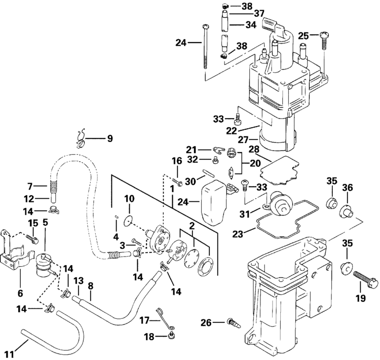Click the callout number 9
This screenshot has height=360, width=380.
[110, 138]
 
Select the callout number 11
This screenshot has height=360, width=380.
[10, 354]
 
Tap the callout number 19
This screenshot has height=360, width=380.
[360, 298]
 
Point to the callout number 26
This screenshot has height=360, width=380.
[206, 322]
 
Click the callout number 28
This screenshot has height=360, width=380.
[254, 149]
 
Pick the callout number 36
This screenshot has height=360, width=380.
[347, 188]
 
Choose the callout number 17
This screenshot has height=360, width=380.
[144, 320]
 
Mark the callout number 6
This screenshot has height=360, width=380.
[20, 293]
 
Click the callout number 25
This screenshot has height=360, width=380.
[303, 36]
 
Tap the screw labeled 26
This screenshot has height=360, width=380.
[234, 323]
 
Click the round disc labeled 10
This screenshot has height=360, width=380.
[129, 221]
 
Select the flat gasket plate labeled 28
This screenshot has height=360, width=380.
[279, 170]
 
